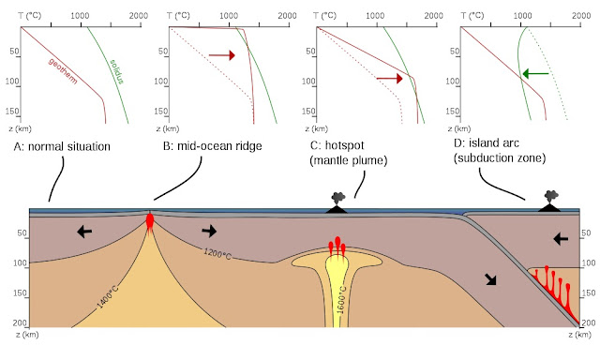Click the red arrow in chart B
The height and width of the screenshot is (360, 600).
point(221,56)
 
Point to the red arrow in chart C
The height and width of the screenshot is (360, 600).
point(389,80)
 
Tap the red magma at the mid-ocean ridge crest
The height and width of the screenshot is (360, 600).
point(149,222)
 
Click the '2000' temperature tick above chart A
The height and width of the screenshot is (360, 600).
point(139,15)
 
